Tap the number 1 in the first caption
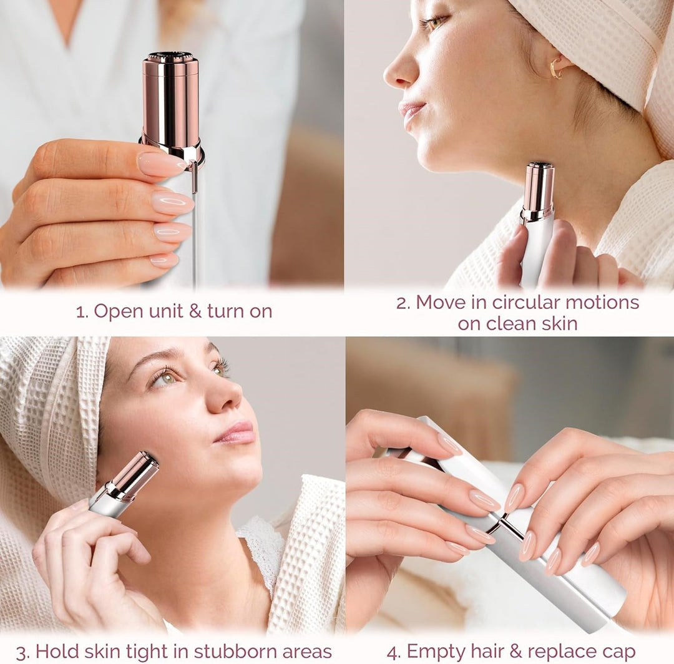79,311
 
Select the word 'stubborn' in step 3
234,652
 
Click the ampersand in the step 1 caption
195,311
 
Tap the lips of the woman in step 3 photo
235,432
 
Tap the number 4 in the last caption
393,652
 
